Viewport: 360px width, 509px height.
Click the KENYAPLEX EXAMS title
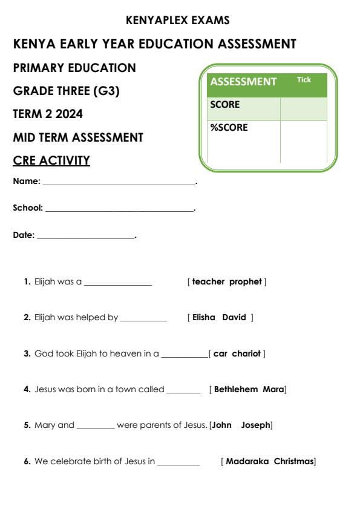177,21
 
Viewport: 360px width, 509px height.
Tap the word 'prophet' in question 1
246,281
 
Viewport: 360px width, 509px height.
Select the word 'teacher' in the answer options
209,281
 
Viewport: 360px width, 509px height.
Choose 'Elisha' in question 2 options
204,317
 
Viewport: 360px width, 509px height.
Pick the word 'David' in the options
234,317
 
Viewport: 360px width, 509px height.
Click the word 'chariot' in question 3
246,353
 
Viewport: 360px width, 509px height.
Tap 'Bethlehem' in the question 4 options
237,389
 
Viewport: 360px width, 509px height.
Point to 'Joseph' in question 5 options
255,425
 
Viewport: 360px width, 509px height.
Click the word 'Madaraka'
247,462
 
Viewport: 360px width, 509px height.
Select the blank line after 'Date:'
85,237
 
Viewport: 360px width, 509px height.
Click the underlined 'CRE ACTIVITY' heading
51,160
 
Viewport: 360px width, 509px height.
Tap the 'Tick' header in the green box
304,80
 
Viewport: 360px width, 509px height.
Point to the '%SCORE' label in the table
229,128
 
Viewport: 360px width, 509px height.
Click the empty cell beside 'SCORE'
303,108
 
